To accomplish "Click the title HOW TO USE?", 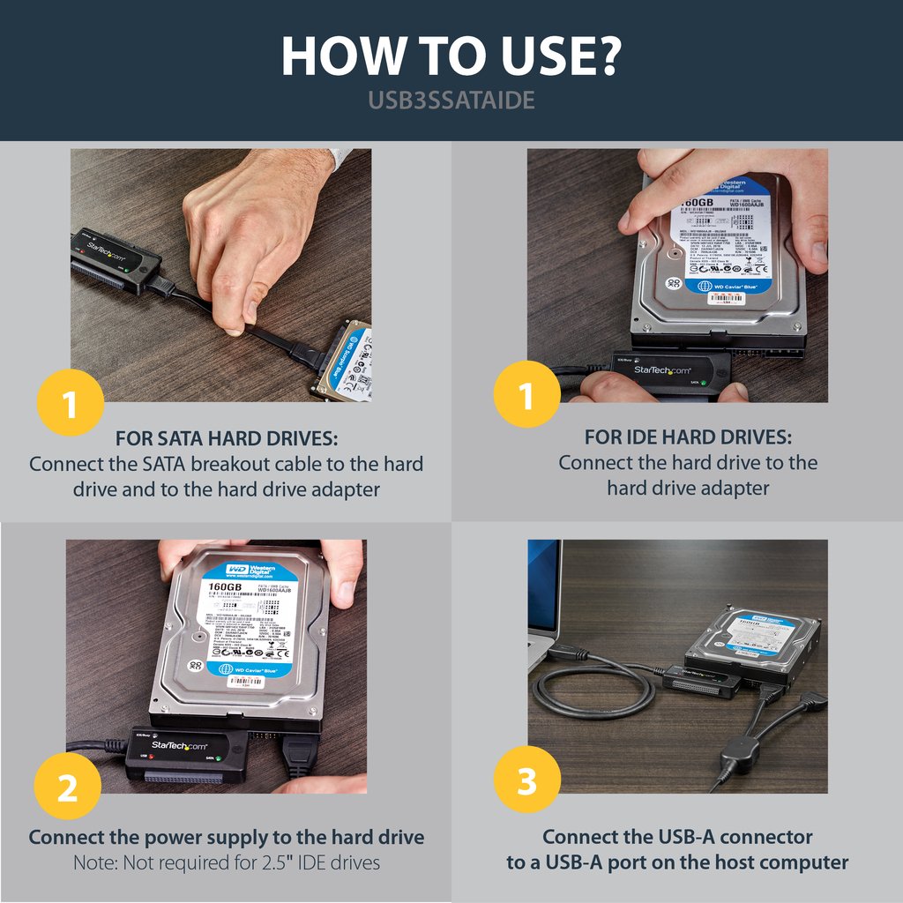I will [451, 56].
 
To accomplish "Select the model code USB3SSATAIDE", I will [451, 101].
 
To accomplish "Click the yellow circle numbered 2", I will [67, 788].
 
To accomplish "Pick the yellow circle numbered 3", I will [526, 780].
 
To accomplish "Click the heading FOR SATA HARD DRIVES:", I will [227, 438].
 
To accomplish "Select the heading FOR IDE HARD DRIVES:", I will [688, 437].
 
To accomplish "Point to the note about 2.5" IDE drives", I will [227, 862].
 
